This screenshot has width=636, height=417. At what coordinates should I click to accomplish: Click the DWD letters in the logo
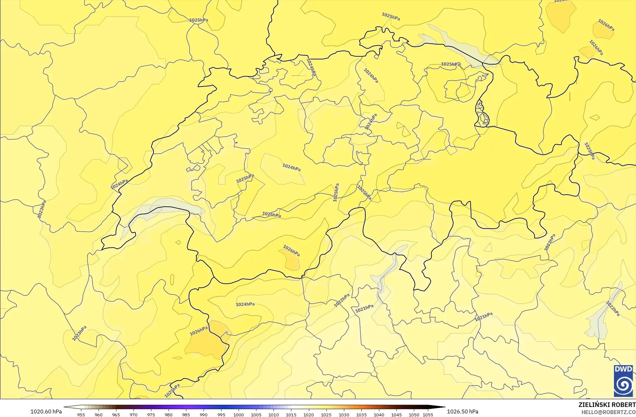coord(623,369)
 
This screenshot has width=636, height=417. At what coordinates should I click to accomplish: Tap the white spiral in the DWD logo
coord(623,385)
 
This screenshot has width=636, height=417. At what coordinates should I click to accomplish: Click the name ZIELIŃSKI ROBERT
coord(607,405)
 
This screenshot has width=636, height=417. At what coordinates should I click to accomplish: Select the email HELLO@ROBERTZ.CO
coord(608,412)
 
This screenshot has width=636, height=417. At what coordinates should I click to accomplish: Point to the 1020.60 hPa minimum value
coord(46,411)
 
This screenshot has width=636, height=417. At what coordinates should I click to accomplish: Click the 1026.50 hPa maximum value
coord(463,411)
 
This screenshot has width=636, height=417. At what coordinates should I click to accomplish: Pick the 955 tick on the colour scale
coord(81,414)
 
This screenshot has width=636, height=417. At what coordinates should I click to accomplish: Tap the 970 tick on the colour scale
coord(134,414)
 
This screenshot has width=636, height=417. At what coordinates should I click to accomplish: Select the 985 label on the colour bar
coord(186,414)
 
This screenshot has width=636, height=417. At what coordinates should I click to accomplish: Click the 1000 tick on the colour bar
coord(239,414)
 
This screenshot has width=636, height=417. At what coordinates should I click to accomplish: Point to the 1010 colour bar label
coord(274,414)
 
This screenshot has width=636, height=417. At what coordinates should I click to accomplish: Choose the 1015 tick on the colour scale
coord(291,414)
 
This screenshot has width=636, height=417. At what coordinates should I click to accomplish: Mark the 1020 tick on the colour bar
coord(309,414)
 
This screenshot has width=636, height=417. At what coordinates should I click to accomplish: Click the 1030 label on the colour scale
coord(344,414)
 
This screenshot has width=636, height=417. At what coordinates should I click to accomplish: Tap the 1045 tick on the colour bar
coord(396,414)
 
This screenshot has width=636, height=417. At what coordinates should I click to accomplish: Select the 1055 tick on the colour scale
coord(428,414)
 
